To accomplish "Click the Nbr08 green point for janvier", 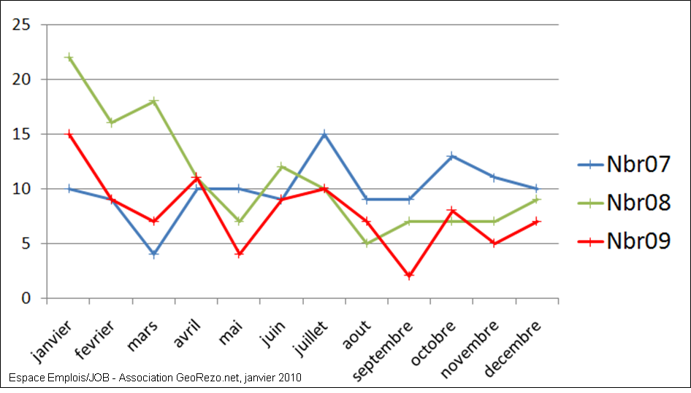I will [x=69, y=57].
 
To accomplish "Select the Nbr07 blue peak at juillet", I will [x=324, y=134].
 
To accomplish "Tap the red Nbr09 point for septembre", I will [x=409, y=276].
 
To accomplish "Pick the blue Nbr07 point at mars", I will [x=153, y=254].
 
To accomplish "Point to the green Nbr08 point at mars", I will [x=153, y=101].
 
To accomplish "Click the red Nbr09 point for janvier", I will [x=69, y=134].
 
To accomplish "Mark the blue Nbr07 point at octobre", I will [x=451, y=156].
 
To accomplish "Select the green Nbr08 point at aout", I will [x=367, y=243].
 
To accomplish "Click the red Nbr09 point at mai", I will [x=239, y=254].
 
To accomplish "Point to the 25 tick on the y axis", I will [x=22, y=25].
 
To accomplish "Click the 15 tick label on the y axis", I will [x=22, y=134].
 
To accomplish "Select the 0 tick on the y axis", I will [x=26, y=298].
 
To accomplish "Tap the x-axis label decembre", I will [x=514, y=347].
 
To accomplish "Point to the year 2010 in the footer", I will [x=289, y=378].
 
